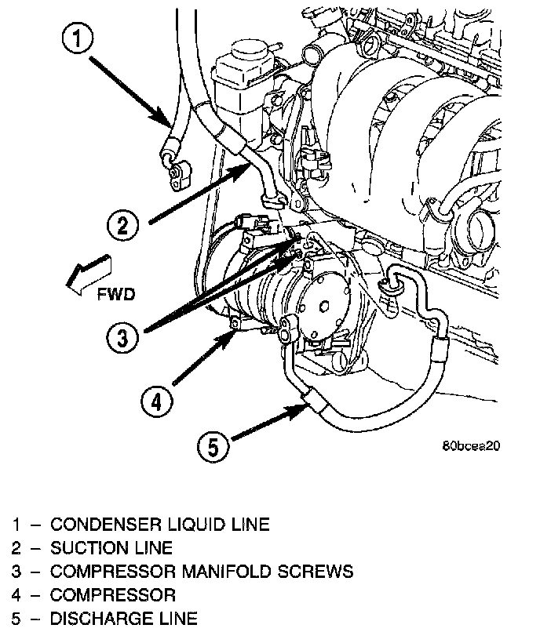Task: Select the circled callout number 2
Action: pyautogui.click(x=123, y=227)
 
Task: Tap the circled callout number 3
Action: pyautogui.click(x=124, y=338)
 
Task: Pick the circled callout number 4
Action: pyautogui.click(x=156, y=402)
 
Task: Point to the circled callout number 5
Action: pyautogui.click(x=214, y=448)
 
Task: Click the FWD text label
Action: pyautogui.click(x=115, y=295)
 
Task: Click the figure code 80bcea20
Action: pyautogui.click(x=471, y=445)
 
